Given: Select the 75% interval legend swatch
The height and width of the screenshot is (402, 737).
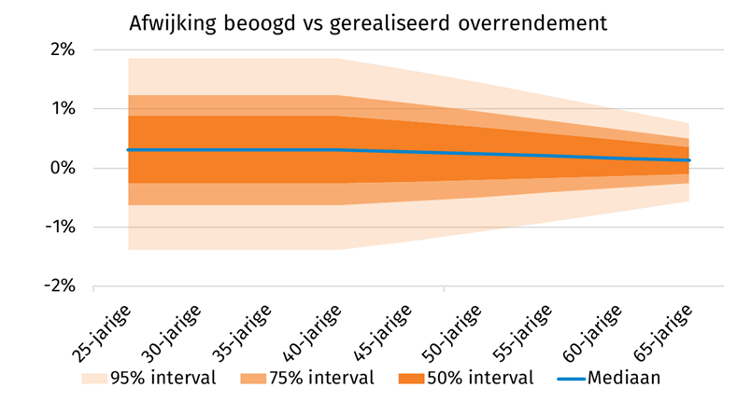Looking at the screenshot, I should (252, 379).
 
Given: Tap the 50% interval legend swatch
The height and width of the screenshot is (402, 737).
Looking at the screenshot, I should (411, 379).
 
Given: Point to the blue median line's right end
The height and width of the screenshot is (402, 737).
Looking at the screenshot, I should (688, 160).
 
